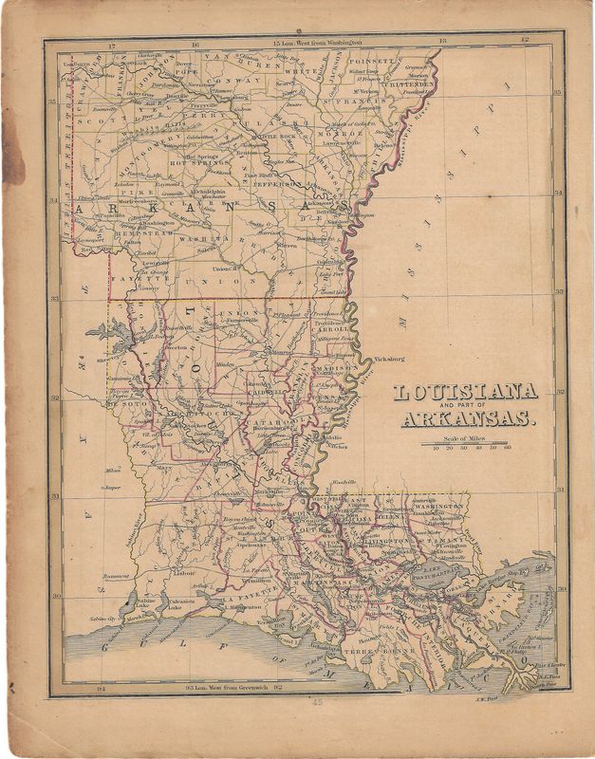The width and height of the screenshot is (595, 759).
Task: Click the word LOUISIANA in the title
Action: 465,391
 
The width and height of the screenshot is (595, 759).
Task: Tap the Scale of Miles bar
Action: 470,442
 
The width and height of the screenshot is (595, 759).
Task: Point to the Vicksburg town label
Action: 382,360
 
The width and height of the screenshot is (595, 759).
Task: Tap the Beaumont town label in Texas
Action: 116,576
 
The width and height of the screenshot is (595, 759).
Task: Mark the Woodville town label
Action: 345,483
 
